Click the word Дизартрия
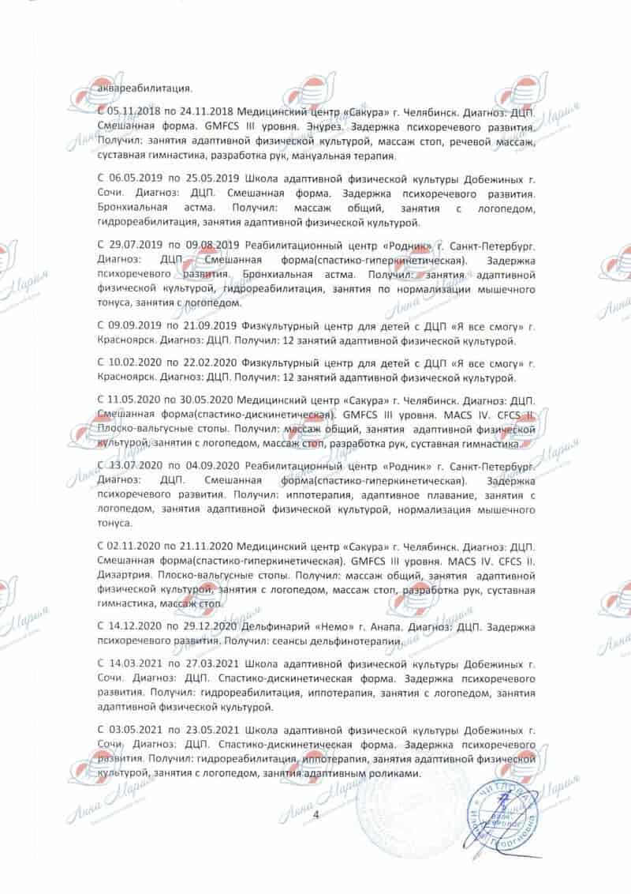pyautogui.click(x=124, y=577)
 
